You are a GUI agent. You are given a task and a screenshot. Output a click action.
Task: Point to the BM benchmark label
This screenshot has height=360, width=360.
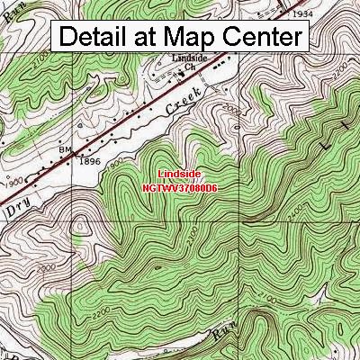(65, 148)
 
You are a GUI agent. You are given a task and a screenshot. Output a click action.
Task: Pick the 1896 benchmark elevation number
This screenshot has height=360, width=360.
(88, 162)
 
